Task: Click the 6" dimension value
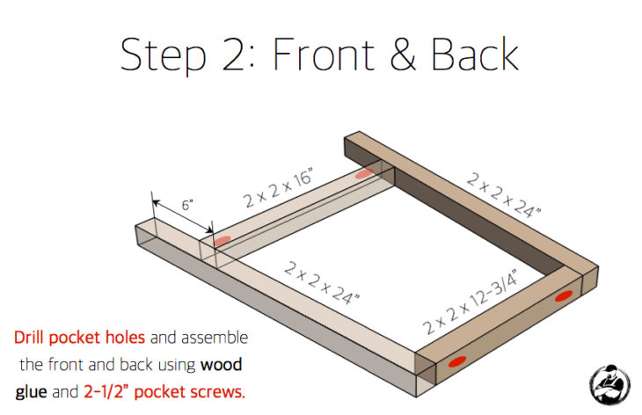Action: [185, 205]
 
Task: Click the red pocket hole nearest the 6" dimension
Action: [223, 239]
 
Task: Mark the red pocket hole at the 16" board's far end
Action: [363, 176]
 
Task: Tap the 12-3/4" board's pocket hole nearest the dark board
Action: [564, 296]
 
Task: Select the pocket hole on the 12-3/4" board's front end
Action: [456, 360]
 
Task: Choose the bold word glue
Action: [33, 390]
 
